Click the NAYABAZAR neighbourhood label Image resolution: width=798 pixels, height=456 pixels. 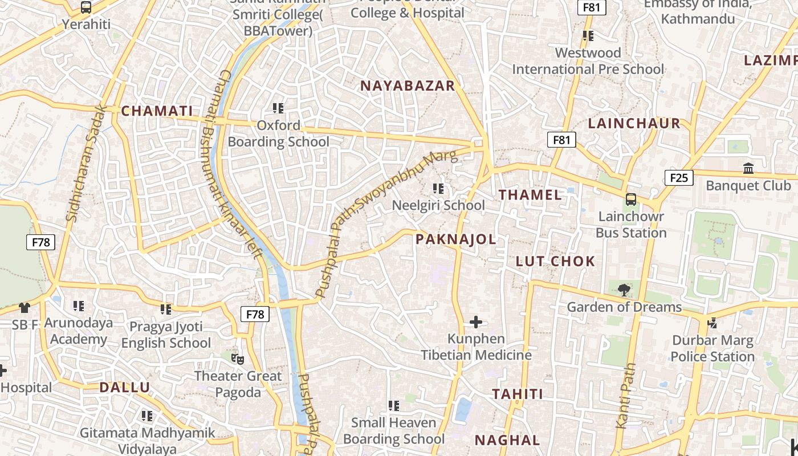coord(408,86)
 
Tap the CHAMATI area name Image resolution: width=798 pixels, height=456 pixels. coord(157,111)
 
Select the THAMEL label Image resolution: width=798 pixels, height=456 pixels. coord(530,195)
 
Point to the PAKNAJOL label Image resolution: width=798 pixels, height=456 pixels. coord(455,239)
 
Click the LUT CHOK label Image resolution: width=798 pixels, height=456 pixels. coord(555,262)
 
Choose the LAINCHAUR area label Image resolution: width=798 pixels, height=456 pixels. coord(634,124)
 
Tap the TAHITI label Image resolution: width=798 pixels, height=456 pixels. coord(517,394)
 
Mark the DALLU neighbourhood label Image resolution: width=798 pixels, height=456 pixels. coord(125,388)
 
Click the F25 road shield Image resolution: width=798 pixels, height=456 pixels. coord(678,178)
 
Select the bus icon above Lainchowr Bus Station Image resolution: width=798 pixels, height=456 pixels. coord(631,199)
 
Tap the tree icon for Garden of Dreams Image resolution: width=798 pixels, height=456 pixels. coord(624,290)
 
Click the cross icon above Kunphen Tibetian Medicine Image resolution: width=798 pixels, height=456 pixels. coord(476,323)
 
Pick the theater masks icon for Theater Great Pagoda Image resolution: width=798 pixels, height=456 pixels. coord(237,359)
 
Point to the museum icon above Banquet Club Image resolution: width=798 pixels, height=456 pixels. coord(748,169)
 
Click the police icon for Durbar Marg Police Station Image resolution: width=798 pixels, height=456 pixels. coord(712,323)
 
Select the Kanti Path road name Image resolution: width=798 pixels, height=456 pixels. coord(625,396)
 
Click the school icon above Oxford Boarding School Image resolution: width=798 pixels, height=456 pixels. coord(278,108)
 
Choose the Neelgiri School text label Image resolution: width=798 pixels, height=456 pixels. coord(438,205)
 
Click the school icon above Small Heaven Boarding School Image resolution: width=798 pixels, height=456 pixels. coord(393,406)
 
